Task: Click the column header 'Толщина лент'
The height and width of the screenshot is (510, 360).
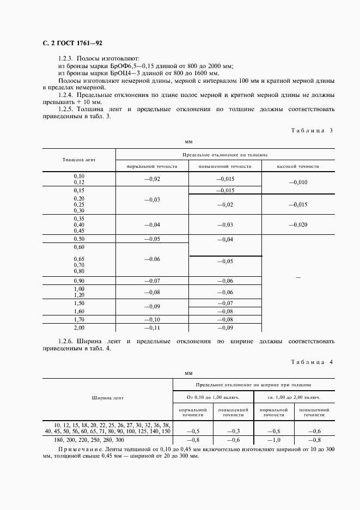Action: click(x=78, y=160)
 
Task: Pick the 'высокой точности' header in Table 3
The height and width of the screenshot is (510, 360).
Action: click(x=298, y=166)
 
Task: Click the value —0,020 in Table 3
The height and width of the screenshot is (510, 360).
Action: click(x=298, y=224)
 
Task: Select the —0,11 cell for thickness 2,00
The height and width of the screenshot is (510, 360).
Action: click(x=151, y=328)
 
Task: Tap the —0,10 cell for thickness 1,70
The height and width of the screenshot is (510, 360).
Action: click(x=151, y=319)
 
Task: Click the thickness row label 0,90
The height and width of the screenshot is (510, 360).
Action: click(x=79, y=281)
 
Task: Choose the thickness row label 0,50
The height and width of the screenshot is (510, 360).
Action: click(x=79, y=239)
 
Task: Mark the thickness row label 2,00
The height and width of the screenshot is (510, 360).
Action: click(x=79, y=328)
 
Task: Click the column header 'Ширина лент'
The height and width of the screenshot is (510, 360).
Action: click(x=107, y=398)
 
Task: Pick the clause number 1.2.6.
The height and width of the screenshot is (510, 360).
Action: click(x=66, y=342)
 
